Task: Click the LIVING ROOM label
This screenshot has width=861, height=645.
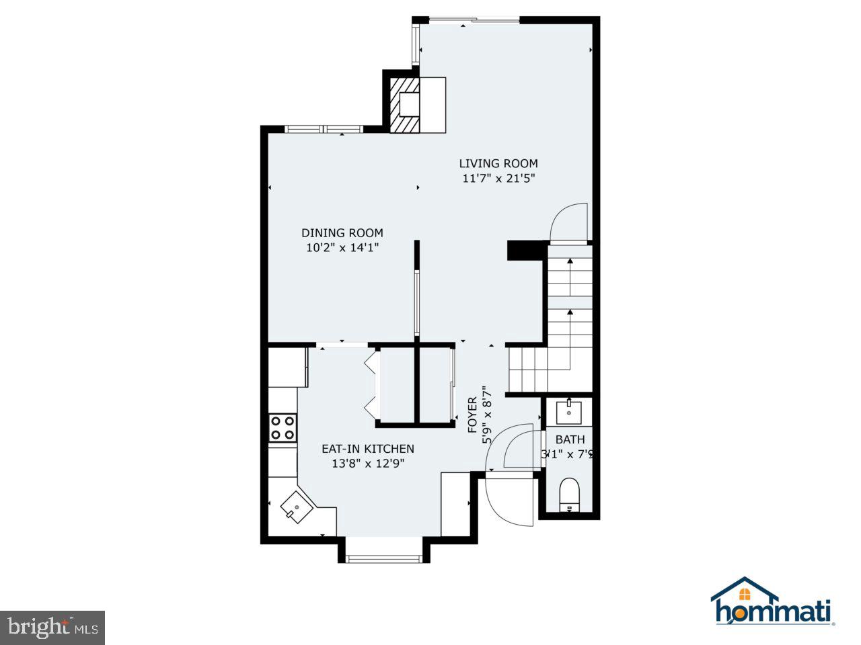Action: pos(498,163)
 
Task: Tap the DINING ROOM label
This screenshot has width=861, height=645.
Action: pos(342,233)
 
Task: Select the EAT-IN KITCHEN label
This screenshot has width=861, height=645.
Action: pos(367,449)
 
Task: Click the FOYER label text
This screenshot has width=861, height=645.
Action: pos(473,415)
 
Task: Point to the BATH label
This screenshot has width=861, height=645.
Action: pos(570,439)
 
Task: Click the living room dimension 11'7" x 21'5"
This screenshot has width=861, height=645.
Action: pos(498,179)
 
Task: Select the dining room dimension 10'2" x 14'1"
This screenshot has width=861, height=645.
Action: pos(342,248)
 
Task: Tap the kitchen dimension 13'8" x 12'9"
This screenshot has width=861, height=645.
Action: pos(367,464)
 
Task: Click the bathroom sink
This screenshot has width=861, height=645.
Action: pos(569,411)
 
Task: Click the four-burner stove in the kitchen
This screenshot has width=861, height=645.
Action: pos(283,427)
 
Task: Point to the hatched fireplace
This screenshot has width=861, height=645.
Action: pos(406,105)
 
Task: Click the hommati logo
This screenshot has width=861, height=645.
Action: pos(773,603)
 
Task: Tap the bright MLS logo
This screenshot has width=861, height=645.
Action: pos(52,628)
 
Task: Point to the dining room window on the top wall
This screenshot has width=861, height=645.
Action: pos(324,128)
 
